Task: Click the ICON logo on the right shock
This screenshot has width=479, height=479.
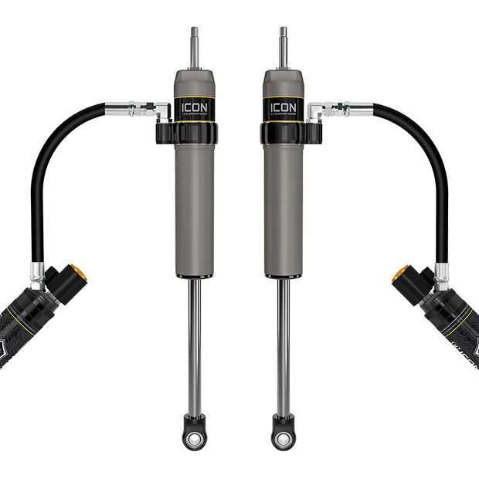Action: pyautogui.click(x=283, y=106)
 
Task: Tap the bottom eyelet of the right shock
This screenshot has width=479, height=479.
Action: pyautogui.click(x=284, y=437)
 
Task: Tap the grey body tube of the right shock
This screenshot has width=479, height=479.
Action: pyautogui.click(x=283, y=209)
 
